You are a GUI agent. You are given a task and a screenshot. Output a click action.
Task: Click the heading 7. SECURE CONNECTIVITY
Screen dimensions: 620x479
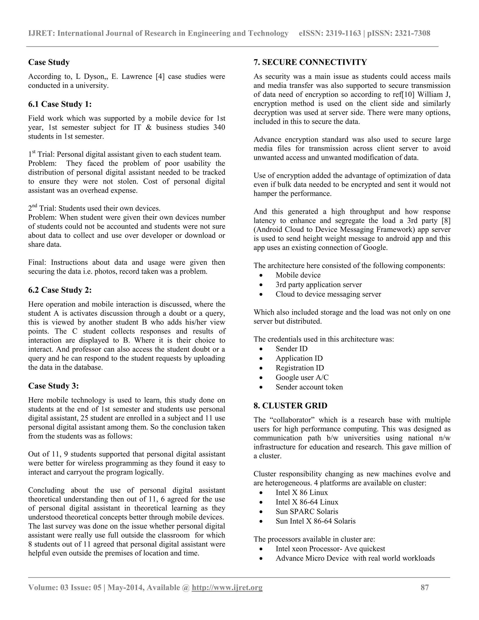[310, 62]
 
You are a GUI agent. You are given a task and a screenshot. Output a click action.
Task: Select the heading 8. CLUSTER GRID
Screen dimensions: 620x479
[290, 406]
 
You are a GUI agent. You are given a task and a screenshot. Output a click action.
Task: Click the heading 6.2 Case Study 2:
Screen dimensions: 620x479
[60, 290]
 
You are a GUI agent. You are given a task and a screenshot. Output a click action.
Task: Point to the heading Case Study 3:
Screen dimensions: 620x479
[53, 386]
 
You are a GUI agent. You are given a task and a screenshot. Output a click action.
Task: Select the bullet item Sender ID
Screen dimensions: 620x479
[291, 349]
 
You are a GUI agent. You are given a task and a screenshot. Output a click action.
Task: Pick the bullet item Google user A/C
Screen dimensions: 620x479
[302, 377]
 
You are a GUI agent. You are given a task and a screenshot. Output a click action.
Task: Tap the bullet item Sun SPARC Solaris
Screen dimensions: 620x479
[307, 511]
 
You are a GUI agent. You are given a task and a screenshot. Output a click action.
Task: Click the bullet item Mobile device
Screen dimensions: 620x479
[298, 275]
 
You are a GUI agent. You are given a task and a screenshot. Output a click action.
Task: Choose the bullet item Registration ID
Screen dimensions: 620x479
[300, 368]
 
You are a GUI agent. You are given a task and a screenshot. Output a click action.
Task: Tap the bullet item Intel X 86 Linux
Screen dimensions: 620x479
[302, 492]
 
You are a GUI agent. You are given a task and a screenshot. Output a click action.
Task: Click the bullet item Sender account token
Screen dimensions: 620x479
[309, 387]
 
